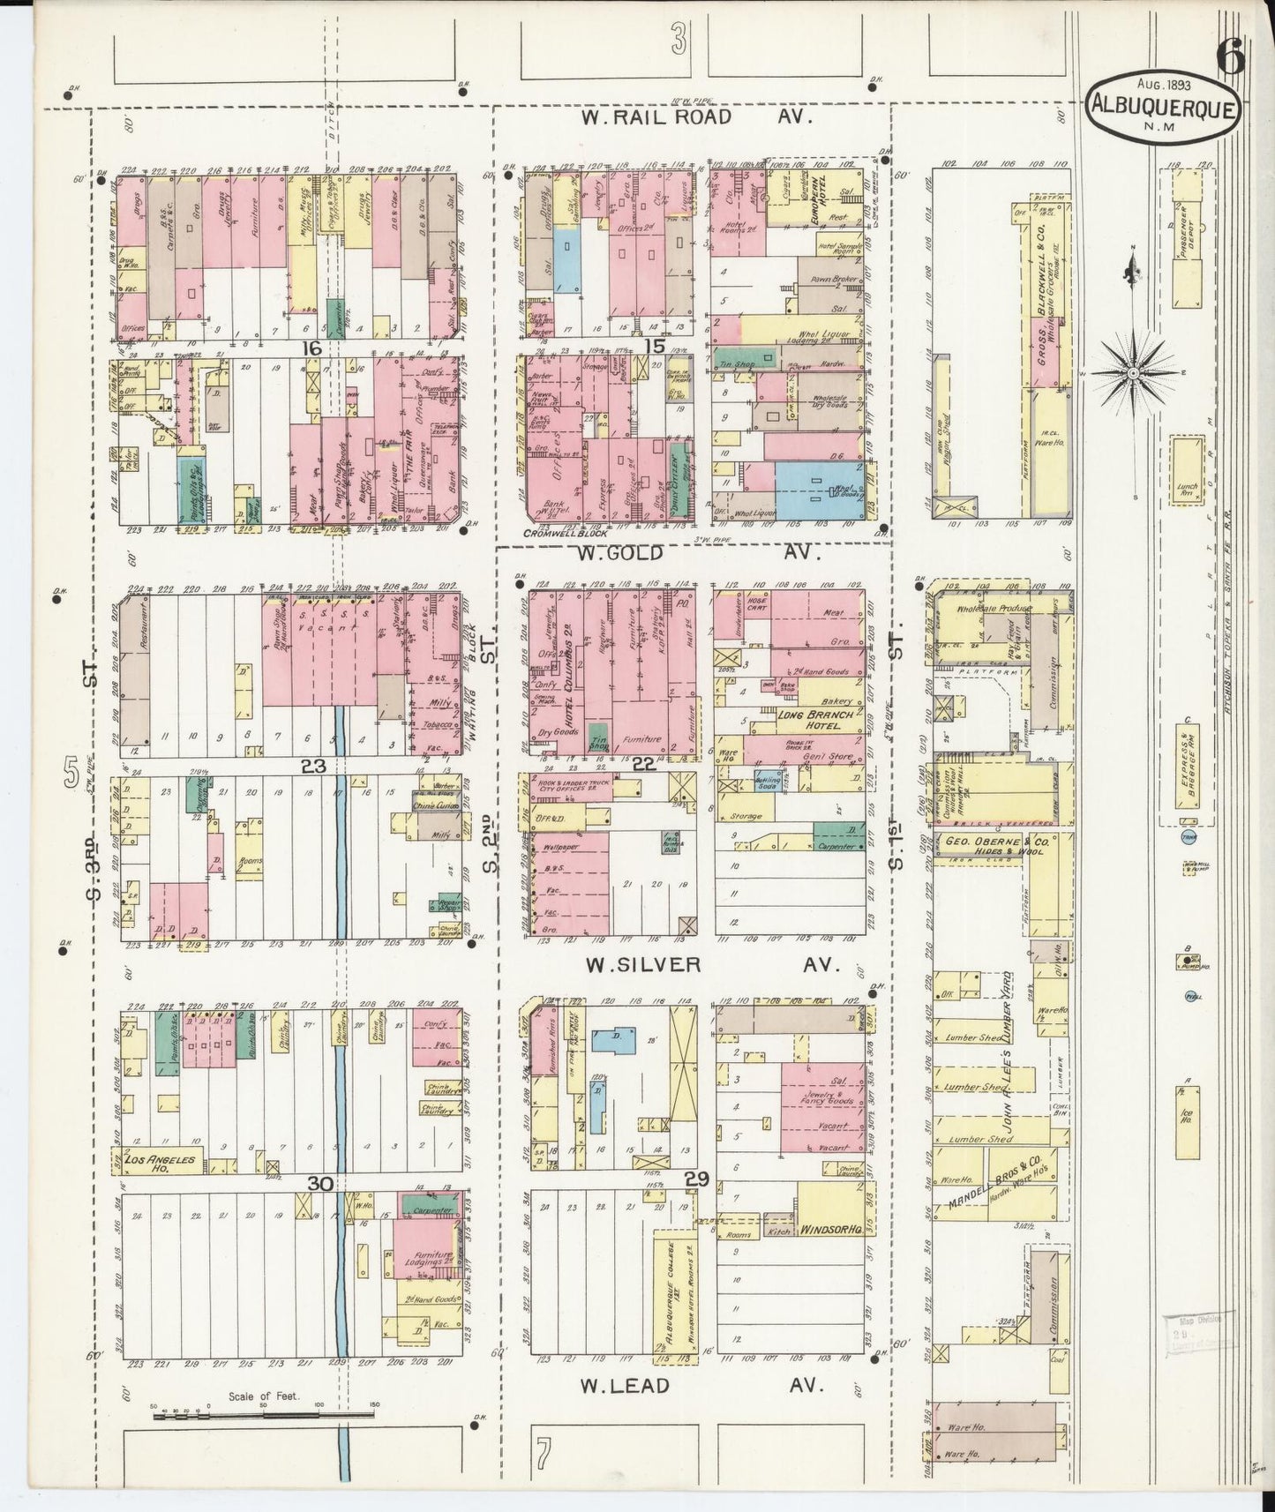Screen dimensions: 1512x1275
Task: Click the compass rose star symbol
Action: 1132,374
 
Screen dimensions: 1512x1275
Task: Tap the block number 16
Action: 310,348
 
